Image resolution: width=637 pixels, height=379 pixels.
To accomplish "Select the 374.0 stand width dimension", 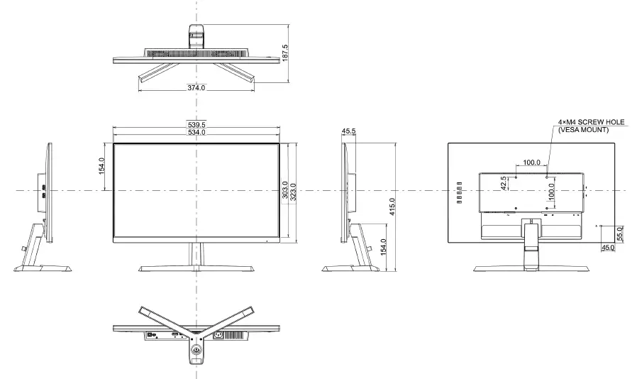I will pos(196,88).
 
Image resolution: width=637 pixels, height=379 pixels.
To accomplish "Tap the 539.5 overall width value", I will pos(196,125).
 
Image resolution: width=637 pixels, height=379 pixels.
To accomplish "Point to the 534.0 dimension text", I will pos(196,133).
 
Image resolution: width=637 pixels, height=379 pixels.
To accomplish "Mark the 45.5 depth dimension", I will pos(348,131).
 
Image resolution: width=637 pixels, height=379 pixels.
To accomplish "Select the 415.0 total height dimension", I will pos(392,208).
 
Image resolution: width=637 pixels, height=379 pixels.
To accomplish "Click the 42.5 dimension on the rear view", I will pos(504,182).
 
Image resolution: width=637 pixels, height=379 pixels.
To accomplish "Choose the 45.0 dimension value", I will pos(608,248).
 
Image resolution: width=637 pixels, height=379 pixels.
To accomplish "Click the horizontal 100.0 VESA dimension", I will pos(531,163).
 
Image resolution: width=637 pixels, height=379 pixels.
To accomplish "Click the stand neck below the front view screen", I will pos(195,253).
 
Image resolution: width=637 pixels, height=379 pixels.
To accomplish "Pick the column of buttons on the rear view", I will pos(458,192).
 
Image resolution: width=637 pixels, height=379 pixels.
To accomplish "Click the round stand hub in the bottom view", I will pos(196,348).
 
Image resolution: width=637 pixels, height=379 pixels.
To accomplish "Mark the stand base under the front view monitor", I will pos(196,268).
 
